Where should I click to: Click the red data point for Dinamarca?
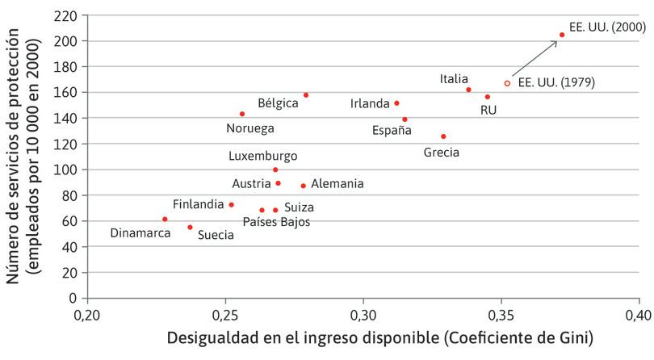165,219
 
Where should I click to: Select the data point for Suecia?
190,227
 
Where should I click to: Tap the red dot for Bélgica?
306,95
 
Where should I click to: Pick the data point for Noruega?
242,114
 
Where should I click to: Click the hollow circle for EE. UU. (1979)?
507,83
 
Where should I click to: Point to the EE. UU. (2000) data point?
562,35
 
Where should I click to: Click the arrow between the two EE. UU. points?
535,59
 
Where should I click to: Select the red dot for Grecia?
443,136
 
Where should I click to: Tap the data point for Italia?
468,90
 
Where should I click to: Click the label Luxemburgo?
262,156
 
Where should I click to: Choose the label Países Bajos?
276,221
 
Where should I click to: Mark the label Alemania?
337,184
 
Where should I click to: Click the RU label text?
488,110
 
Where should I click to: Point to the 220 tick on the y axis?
67,15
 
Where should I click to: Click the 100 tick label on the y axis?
67,170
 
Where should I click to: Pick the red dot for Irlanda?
396,103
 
